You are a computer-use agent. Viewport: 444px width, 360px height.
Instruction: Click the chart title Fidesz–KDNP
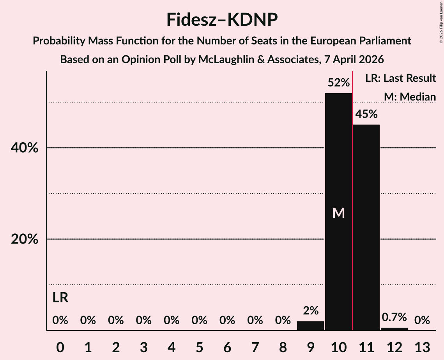[222, 19]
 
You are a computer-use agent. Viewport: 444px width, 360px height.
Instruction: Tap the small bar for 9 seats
[310, 326]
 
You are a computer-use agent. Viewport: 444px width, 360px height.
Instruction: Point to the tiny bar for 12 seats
[394, 329]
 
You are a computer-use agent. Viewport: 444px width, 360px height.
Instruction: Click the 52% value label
[338, 83]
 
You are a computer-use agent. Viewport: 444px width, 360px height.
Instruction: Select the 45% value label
[366, 114]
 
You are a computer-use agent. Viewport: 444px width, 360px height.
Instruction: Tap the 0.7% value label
[394, 317]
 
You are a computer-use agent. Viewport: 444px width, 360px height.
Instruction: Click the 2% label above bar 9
[310, 311]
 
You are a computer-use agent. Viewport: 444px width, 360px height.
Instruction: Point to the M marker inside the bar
[338, 213]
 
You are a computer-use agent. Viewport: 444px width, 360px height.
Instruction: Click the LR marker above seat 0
[60, 298]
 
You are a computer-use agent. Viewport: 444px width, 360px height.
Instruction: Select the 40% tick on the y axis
[24, 148]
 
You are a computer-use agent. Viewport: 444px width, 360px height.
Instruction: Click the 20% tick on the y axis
[24, 239]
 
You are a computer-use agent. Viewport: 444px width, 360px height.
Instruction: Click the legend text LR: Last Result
[400, 78]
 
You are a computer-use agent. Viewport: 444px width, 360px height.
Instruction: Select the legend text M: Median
[409, 97]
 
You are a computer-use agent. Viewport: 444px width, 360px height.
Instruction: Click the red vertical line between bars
[352, 195]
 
